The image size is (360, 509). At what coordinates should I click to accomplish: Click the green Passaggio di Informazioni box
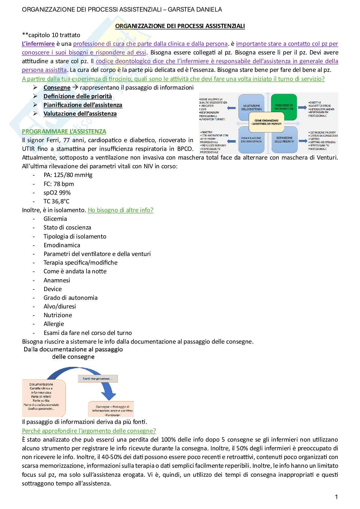click(x=284, y=107)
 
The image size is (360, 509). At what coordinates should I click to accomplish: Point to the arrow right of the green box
click(x=302, y=107)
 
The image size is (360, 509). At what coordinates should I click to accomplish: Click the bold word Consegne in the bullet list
click(x=57, y=88)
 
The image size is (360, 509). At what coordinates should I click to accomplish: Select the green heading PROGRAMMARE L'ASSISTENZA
click(x=64, y=132)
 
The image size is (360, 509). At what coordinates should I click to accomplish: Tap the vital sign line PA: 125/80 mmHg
click(x=68, y=175)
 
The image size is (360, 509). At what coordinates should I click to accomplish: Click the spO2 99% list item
click(x=57, y=192)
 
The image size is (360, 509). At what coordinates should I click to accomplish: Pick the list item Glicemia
click(x=55, y=219)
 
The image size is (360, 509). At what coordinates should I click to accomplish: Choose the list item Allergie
click(x=54, y=324)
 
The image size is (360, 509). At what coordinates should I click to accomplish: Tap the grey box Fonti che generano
click(x=98, y=378)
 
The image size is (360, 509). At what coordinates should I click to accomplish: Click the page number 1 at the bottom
click(x=336, y=497)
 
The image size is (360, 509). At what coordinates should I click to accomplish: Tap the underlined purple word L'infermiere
click(x=38, y=44)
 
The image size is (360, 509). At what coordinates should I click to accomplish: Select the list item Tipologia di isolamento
click(x=75, y=236)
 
